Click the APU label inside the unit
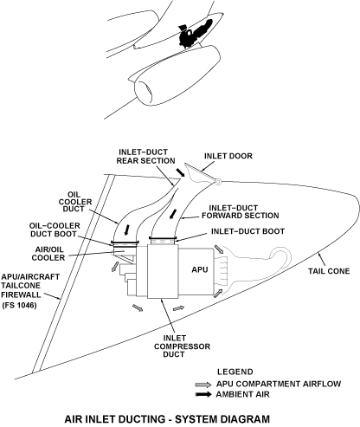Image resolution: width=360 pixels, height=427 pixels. [x=200, y=269]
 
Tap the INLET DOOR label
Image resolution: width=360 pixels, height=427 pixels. [x=228, y=156]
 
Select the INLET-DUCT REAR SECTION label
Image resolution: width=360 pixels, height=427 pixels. [x=145, y=157]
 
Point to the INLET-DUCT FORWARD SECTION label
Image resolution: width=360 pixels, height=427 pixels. [x=241, y=211]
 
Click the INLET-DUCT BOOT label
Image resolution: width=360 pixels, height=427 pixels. [x=247, y=231]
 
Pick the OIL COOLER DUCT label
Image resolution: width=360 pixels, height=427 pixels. [x=75, y=202]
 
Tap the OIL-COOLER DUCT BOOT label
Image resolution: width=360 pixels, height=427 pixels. [x=55, y=230]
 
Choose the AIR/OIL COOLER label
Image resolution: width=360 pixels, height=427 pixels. [x=48, y=254]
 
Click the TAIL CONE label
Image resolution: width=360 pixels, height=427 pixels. [x=329, y=271]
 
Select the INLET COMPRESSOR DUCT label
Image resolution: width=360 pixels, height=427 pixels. [x=182, y=346]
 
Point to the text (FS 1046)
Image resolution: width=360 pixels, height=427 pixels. [x=19, y=305]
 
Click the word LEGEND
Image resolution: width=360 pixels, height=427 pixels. [x=235, y=372]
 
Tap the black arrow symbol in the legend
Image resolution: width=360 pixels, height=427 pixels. [x=203, y=394]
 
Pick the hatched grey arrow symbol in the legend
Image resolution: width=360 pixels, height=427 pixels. [x=203, y=385]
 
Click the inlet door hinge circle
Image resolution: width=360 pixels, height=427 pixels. [x=218, y=182]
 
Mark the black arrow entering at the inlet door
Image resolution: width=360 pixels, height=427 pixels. [x=181, y=172]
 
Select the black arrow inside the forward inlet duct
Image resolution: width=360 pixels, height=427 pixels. [x=173, y=214]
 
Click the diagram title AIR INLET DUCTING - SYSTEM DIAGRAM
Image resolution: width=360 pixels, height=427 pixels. [x=167, y=419]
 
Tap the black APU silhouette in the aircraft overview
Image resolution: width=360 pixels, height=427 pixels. [x=194, y=33]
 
